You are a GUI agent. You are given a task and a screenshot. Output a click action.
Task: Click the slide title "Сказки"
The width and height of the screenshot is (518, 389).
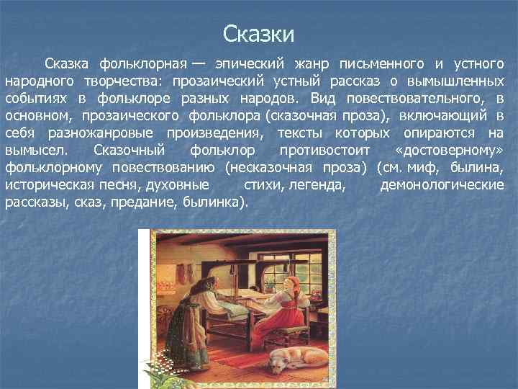pyautogui.click(x=258, y=34)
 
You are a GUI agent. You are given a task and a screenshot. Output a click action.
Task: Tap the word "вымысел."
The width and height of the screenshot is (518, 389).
pyautogui.click(x=35, y=150)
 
